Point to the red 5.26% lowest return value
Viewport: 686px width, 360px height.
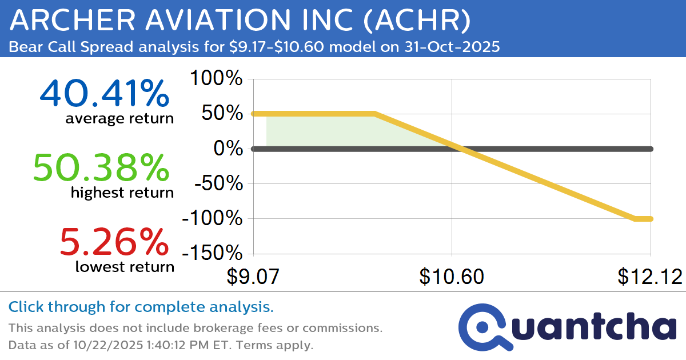(114, 242)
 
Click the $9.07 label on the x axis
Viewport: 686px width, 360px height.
(253, 277)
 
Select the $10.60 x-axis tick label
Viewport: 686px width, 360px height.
(452, 277)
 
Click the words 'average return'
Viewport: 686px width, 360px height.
(119, 119)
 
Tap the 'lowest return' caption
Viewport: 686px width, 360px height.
(125, 266)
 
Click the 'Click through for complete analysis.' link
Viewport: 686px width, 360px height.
(141, 307)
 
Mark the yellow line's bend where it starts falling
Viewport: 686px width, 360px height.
(374, 114)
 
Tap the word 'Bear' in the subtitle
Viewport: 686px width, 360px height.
(24, 46)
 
